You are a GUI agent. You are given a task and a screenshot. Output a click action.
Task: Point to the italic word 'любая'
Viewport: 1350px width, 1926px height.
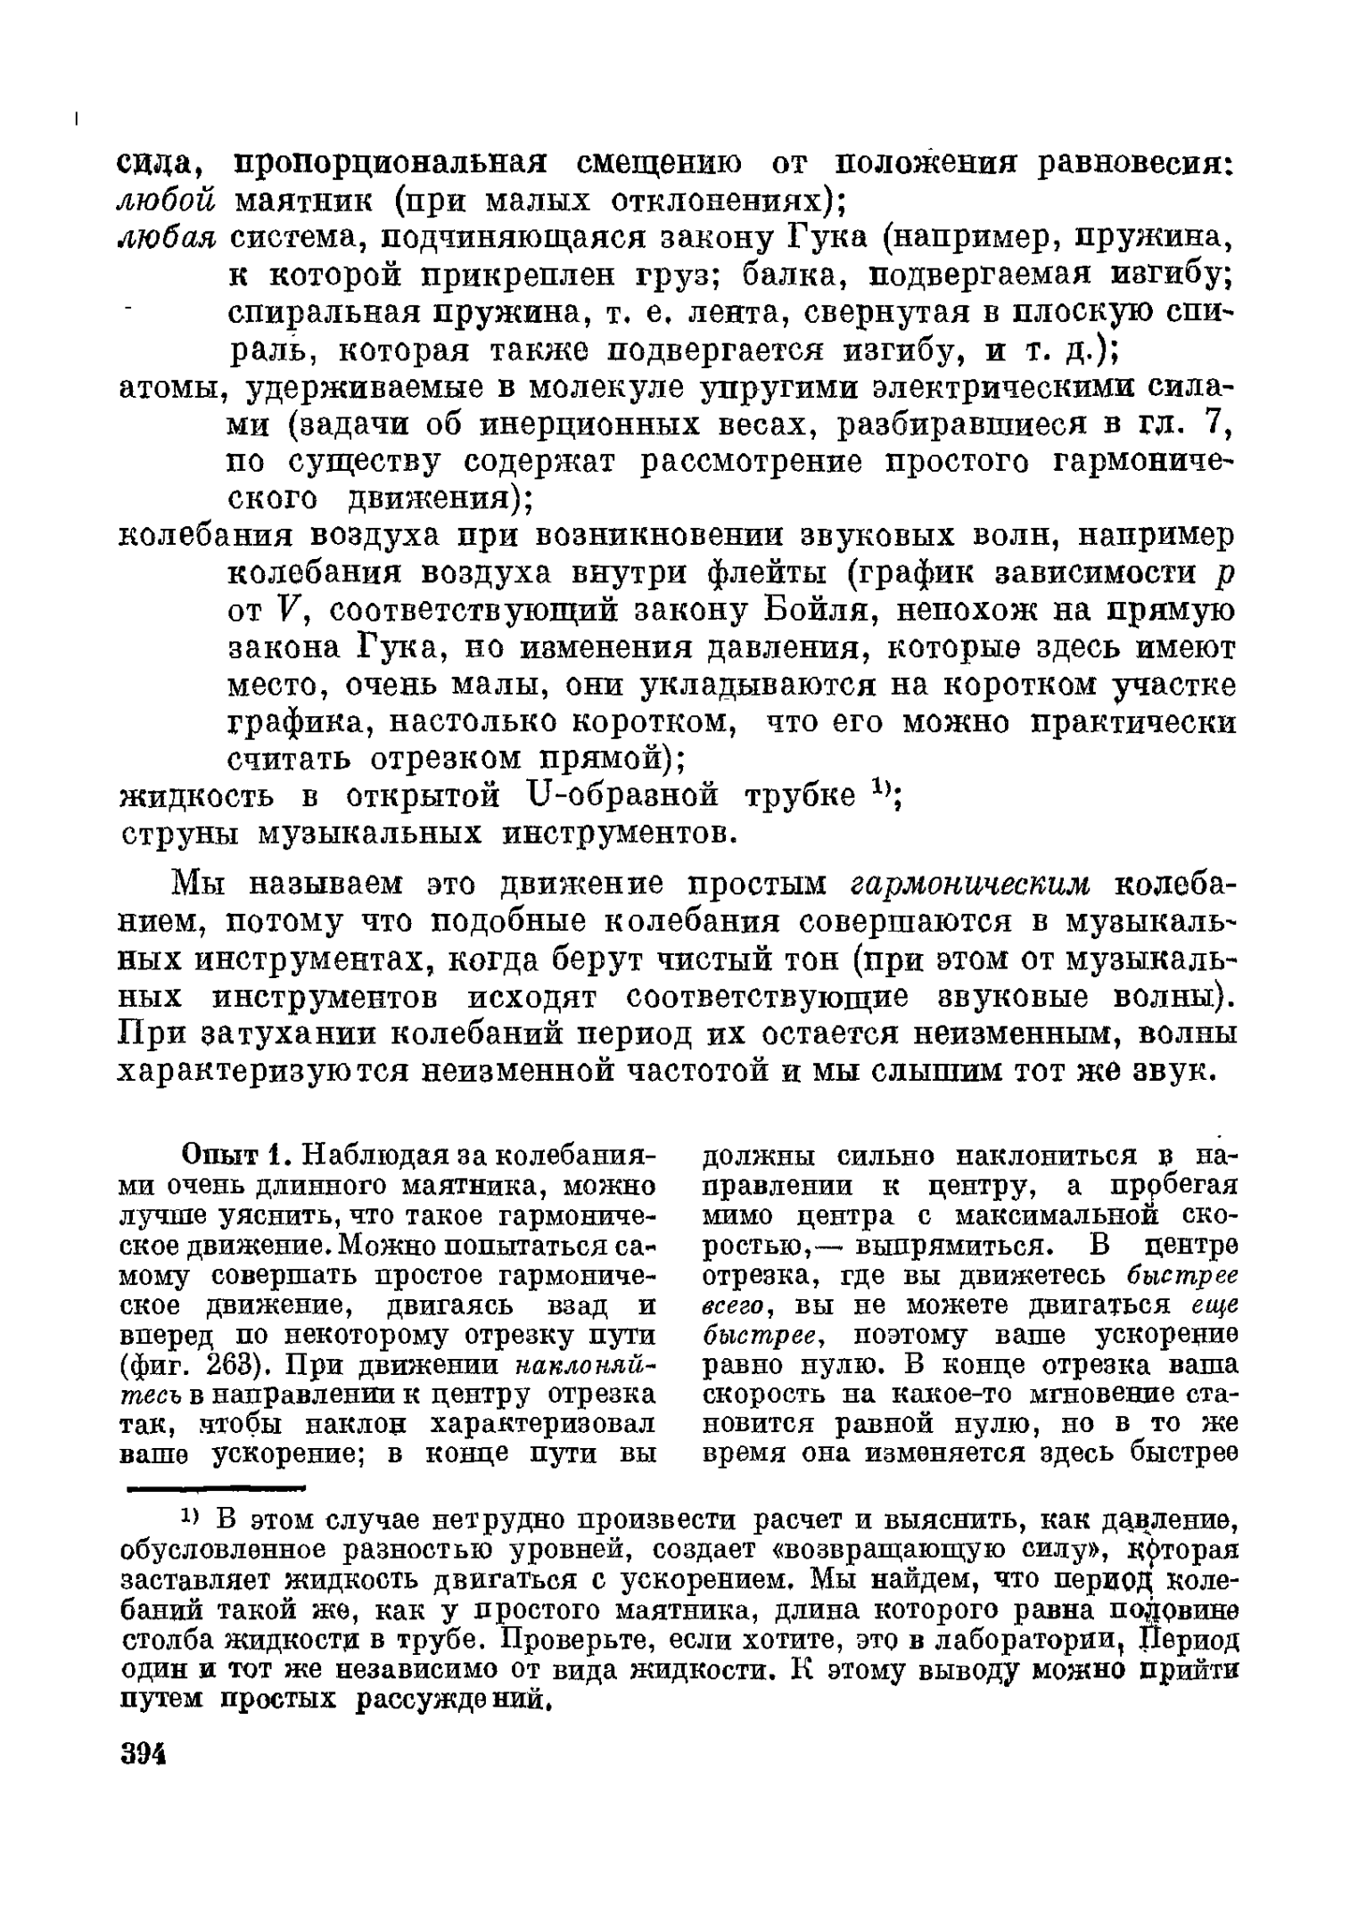[167, 239]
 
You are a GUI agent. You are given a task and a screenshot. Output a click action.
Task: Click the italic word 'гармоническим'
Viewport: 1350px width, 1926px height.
[971, 885]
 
